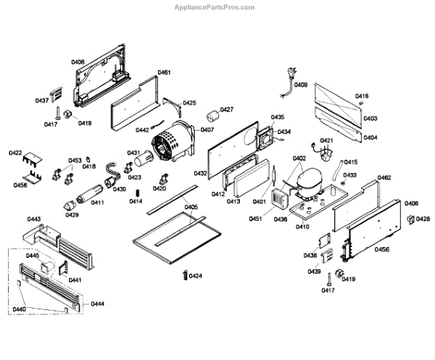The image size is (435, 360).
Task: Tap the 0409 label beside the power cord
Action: [x=300, y=85]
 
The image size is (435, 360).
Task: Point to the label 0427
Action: [x=227, y=110]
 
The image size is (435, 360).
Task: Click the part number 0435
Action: [x=278, y=117]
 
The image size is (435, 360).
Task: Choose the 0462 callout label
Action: [x=384, y=177]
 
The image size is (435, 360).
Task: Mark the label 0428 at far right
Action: [x=423, y=219]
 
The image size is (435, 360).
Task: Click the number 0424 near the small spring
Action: [x=196, y=276]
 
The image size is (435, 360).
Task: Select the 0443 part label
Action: [x=33, y=218]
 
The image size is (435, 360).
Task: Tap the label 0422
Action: [x=15, y=153]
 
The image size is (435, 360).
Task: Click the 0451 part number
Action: [x=256, y=218]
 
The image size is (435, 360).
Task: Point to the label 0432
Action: [x=201, y=173]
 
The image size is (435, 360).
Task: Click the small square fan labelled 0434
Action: [x=264, y=137]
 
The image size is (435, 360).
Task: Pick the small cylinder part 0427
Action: [x=212, y=117]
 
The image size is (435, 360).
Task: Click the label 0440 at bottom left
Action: [x=20, y=310]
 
